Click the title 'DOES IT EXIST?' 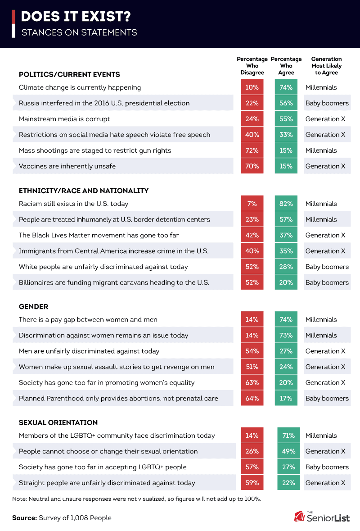(76, 17)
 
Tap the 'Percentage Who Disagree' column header (252, 66)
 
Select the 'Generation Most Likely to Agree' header (327, 66)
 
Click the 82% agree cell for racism (286, 204)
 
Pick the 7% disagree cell (252, 204)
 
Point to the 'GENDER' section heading (33, 306)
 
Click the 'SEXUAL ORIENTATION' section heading (58, 422)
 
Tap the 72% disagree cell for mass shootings (252, 150)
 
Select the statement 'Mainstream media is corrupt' (64, 119)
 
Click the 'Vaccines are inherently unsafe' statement (67, 166)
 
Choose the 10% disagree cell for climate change (252, 87)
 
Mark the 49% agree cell (288, 451)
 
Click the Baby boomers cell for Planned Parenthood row (327, 398)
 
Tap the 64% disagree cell (252, 398)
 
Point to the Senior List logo (322, 517)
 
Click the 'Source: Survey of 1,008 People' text (62, 518)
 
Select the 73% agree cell (286, 335)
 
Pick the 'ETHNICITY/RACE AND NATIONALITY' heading (84, 191)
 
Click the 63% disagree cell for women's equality (252, 382)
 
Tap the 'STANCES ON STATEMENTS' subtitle (79, 32)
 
